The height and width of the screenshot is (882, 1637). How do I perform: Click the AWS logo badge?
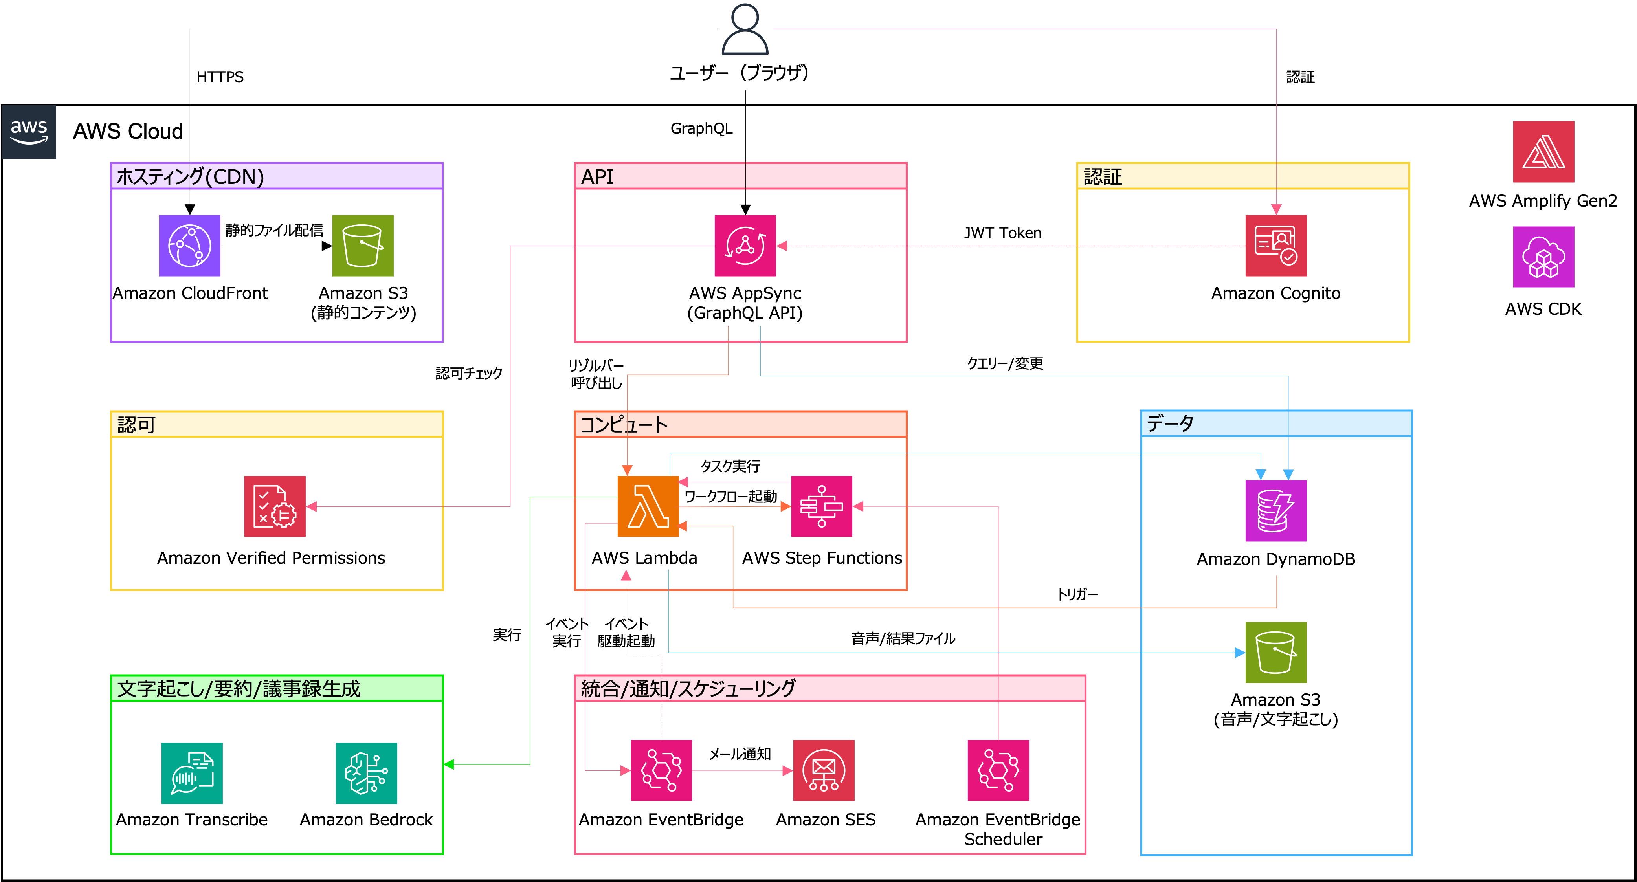(29, 132)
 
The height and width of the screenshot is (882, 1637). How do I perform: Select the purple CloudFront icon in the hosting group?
(189, 246)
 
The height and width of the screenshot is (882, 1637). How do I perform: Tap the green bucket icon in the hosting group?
(362, 246)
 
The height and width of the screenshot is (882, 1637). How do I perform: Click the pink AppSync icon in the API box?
(745, 246)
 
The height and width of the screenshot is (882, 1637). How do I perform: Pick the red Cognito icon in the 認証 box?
(1275, 246)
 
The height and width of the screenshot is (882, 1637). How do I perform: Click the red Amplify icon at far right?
(1543, 152)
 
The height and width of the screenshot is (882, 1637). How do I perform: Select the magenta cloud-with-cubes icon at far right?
(1543, 257)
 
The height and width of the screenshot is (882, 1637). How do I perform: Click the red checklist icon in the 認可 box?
(275, 506)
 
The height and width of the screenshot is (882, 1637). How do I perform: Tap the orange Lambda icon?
(648, 506)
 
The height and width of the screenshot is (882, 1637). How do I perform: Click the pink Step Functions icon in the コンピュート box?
(821, 506)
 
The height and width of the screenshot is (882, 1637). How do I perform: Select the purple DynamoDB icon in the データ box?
(1275, 511)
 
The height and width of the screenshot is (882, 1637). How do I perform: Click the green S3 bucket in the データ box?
(1275, 653)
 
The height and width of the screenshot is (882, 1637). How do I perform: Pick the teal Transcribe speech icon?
(191, 773)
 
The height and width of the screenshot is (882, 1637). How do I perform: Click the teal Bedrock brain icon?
(366, 773)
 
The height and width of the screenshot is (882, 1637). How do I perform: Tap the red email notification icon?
(824, 770)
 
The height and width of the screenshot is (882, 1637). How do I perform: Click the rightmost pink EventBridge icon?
(998, 770)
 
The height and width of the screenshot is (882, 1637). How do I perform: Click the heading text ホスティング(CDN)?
(190, 177)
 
